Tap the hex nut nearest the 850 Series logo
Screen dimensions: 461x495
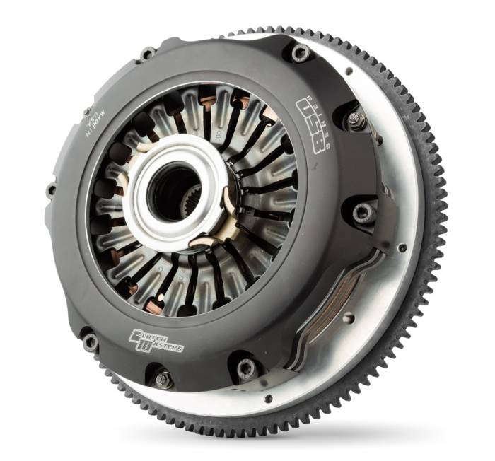(x=353, y=121)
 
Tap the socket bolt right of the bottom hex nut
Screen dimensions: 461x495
(x=245, y=367)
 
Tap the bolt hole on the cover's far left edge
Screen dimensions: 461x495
(x=50, y=189)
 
